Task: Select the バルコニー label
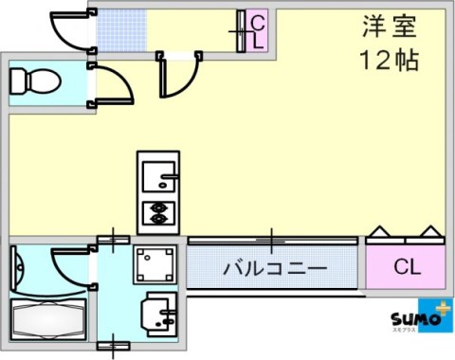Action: coord(275,269)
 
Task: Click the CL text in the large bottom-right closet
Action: coord(406,268)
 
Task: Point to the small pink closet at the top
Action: coord(257,33)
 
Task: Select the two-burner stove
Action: coord(157,212)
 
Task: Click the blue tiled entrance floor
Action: coord(120,31)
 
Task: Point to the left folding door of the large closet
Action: coord(379,232)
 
